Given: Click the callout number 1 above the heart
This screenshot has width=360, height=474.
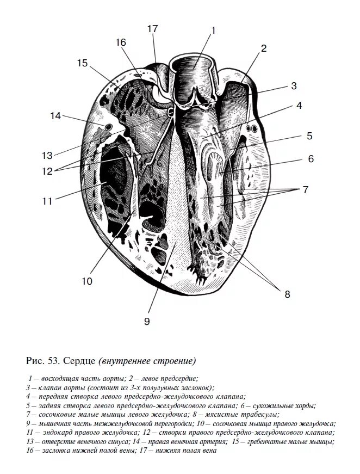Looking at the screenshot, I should tap(214, 30).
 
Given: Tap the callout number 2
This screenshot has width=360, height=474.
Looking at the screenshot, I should tap(264, 48).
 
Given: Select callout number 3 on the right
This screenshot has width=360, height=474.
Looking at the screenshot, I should tap(293, 85).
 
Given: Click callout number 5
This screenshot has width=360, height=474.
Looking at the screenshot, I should tap(309, 136).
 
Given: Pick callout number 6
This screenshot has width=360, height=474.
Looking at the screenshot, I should tap(311, 159).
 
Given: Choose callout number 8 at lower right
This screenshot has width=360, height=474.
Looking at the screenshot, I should tap(287, 294).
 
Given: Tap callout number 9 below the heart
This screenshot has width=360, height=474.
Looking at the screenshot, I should tap(146, 321).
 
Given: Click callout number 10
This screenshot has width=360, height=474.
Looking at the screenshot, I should tap(87, 281).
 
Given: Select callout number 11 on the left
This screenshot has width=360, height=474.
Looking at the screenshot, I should tap(47, 201).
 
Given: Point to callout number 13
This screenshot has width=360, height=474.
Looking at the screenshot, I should tap(47, 155).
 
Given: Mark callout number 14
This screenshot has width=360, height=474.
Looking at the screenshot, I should tap(55, 115).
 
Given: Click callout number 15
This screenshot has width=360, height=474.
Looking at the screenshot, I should tap(82, 63).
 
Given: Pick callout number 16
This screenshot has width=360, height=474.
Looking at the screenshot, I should tap(120, 42).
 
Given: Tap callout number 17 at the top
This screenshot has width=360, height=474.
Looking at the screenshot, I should tap(153, 28).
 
